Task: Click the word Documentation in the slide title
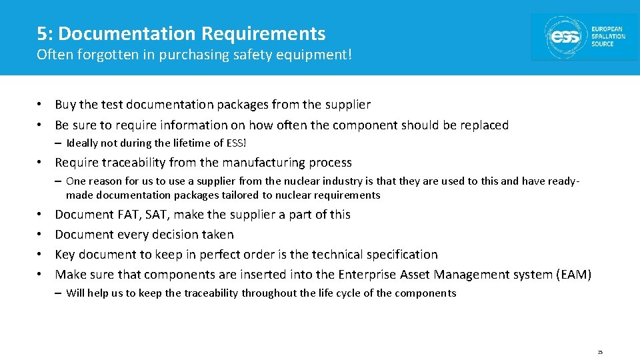pyautogui.click(x=127, y=33)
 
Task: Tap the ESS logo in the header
pyautogui.click(x=584, y=37)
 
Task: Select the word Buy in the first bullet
pyautogui.click(x=65, y=105)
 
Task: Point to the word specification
pyautogui.click(x=403, y=255)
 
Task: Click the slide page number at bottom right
pyautogui.click(x=600, y=351)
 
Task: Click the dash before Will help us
pyautogui.click(x=59, y=293)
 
